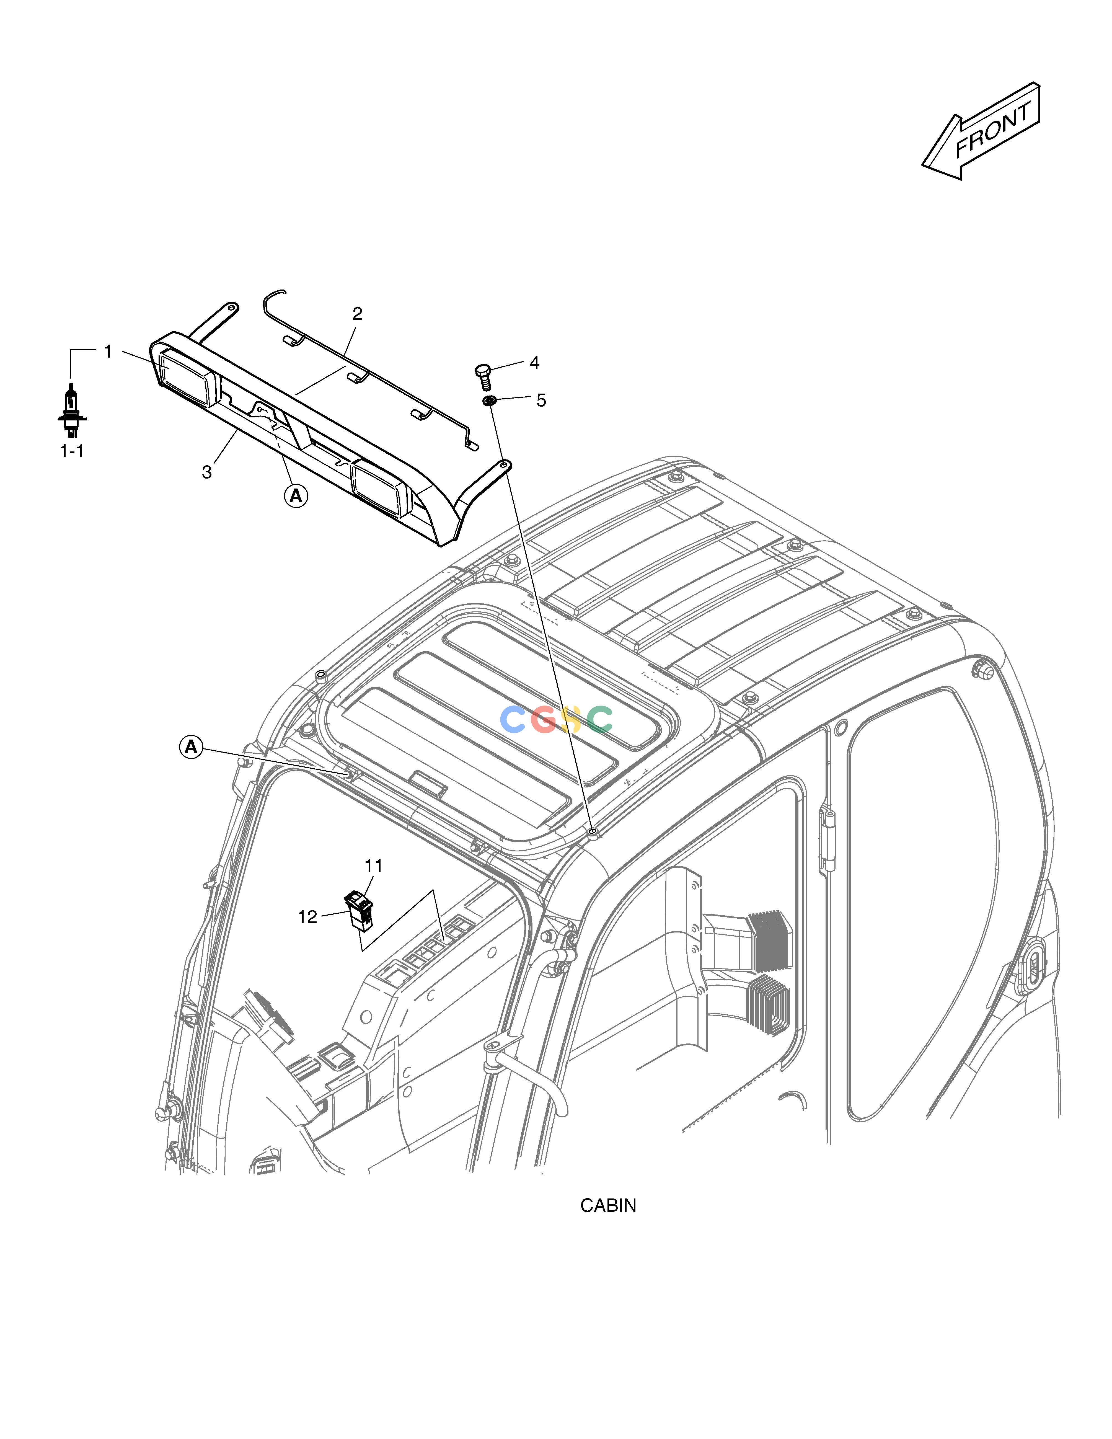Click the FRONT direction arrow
980,131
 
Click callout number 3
207,472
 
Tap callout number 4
534,362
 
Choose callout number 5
541,400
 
